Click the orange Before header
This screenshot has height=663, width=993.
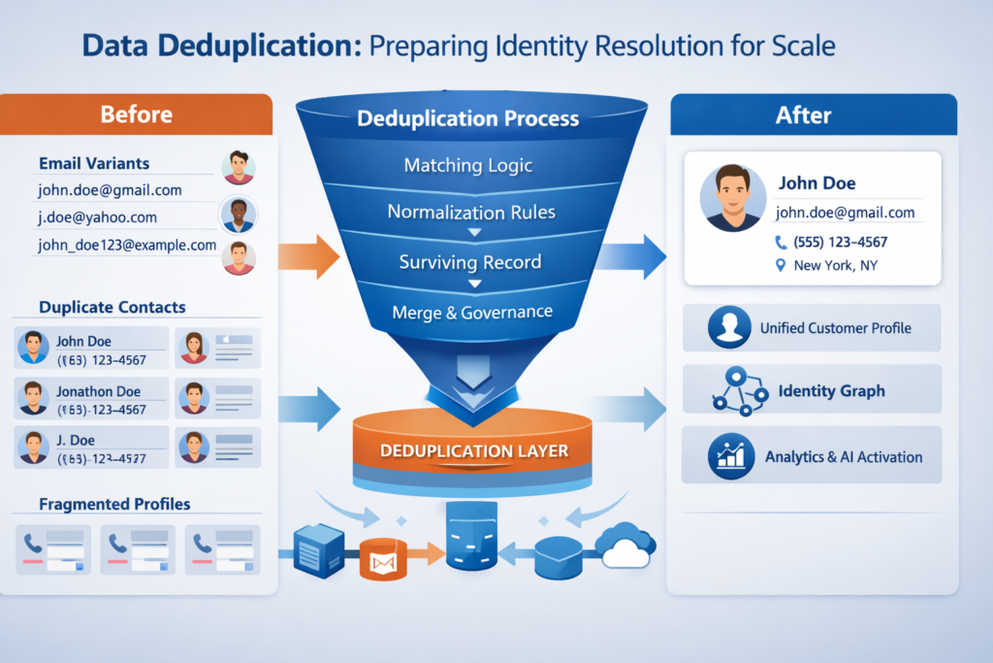(x=136, y=115)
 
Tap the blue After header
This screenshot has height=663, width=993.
(x=803, y=115)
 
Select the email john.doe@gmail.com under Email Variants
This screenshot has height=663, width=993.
(x=110, y=190)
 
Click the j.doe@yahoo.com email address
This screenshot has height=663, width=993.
(x=97, y=217)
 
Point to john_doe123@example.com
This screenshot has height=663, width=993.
(x=127, y=245)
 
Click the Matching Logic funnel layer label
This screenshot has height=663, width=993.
(x=468, y=165)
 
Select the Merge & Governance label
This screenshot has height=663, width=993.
(x=472, y=312)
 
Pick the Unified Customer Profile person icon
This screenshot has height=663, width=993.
(x=729, y=328)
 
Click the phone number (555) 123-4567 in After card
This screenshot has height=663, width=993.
(x=840, y=242)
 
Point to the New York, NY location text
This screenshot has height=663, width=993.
(x=835, y=265)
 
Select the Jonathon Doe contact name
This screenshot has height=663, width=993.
(x=98, y=391)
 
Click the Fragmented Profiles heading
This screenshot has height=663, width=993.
(x=114, y=504)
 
